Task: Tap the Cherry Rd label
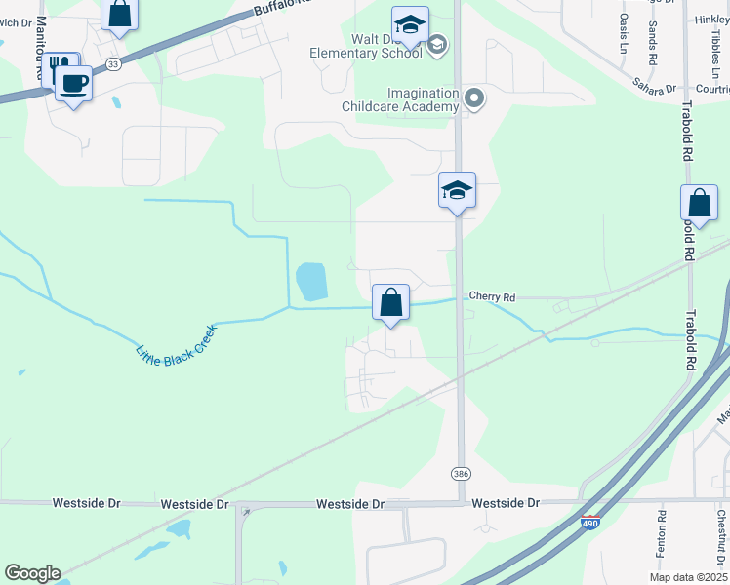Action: (x=491, y=294)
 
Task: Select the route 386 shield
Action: (x=461, y=473)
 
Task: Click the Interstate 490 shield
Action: (x=589, y=524)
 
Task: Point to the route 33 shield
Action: (x=114, y=63)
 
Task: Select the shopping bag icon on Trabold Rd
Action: (x=699, y=203)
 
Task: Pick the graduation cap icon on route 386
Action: (x=457, y=189)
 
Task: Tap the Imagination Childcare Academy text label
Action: (x=400, y=99)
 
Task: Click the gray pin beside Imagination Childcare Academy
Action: (x=475, y=97)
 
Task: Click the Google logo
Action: (x=32, y=573)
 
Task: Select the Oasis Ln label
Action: (x=624, y=34)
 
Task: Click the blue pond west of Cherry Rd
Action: (x=310, y=282)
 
